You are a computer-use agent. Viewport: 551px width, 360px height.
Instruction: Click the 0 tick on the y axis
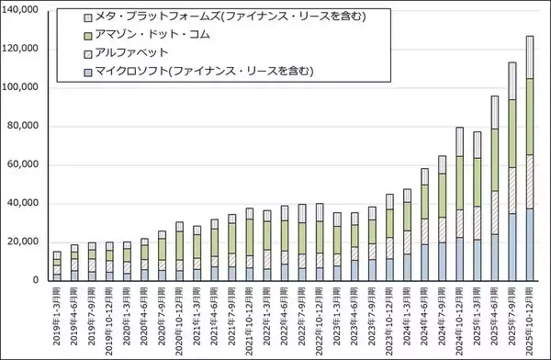(36, 280)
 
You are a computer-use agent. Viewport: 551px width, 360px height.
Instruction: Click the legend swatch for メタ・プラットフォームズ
(88, 17)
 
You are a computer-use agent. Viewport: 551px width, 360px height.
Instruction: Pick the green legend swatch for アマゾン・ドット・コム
(88, 35)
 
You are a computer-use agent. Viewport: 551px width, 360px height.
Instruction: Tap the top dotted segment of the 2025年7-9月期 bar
(513, 82)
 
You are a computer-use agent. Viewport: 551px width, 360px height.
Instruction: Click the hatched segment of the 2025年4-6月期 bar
(496, 212)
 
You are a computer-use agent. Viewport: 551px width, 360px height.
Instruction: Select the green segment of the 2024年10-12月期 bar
(461, 182)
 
